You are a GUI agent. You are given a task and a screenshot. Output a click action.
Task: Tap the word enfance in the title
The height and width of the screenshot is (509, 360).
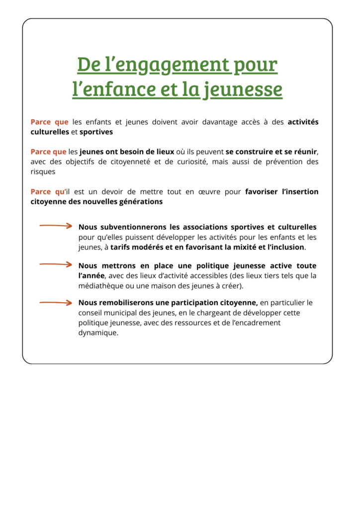pyautogui.click(x=120, y=90)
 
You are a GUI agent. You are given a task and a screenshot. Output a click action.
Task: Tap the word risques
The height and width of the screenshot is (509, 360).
pyautogui.click(x=43, y=171)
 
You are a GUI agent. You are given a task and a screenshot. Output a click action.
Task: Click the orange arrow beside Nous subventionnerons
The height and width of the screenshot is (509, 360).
pyautogui.click(x=56, y=226)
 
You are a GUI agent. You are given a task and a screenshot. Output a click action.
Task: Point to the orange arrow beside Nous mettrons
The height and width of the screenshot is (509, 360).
pyautogui.click(x=56, y=264)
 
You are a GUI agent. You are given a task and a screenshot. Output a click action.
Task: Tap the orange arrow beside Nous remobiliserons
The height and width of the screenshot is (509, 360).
pyautogui.click(x=56, y=302)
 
